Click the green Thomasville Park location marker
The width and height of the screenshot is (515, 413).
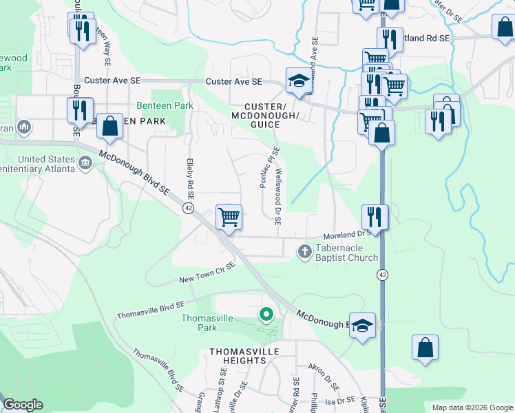(x=266, y=315)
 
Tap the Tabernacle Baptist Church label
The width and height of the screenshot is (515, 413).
(x=346, y=253)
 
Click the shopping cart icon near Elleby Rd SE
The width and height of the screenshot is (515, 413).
(x=229, y=217)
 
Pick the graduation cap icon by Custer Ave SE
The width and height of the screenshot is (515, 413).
(x=298, y=82)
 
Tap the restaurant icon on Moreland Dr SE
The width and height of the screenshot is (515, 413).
(x=375, y=216)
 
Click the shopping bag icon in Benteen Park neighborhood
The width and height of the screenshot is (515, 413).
(x=109, y=126)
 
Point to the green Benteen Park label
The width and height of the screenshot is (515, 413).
(x=165, y=106)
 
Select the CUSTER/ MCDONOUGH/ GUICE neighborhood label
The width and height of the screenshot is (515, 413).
(x=274, y=116)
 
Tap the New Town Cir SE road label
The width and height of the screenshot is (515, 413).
(x=207, y=273)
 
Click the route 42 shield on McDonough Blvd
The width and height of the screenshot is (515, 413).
(x=187, y=208)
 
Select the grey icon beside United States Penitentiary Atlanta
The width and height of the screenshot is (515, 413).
(x=85, y=163)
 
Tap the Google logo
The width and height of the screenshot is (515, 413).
(x=23, y=405)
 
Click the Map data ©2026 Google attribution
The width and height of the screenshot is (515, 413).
(x=472, y=407)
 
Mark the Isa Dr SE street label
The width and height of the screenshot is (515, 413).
(x=339, y=401)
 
